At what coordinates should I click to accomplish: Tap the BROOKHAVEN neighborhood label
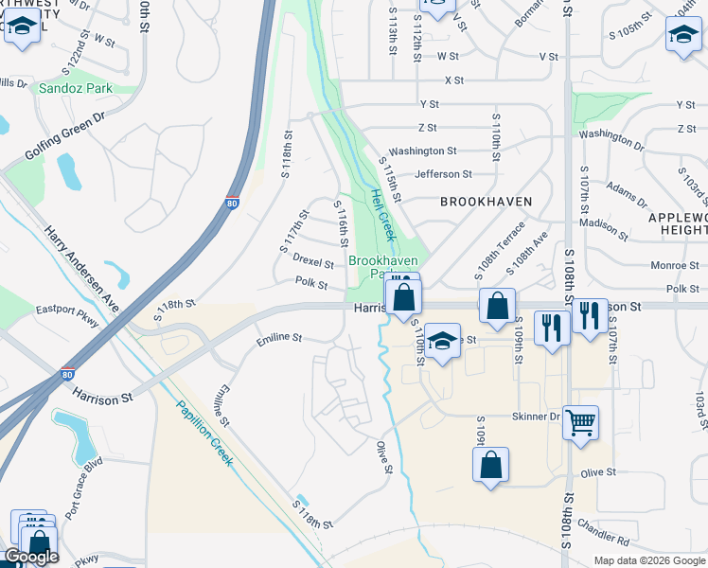[x=486, y=202]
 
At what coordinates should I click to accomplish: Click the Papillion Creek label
[x=205, y=434]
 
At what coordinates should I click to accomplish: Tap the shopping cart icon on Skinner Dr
[x=580, y=422]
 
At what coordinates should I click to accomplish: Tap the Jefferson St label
[x=443, y=174]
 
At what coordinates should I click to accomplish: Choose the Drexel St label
[x=312, y=261]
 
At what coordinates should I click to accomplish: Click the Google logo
[x=30, y=557]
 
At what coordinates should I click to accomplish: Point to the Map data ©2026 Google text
[x=648, y=560]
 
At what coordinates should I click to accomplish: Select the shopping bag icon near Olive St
[x=490, y=464]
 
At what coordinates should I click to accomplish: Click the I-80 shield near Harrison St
[x=68, y=375]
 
